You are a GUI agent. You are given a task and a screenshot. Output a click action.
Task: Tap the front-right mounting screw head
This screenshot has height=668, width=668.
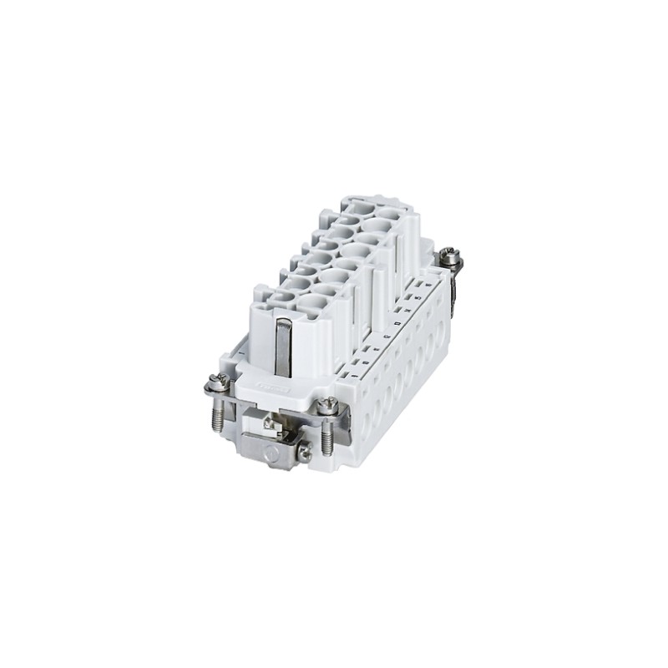[328, 407]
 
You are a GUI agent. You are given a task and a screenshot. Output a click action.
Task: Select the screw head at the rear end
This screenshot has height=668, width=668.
[451, 257]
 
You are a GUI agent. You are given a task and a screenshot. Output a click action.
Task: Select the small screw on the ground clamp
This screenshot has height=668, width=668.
[305, 454]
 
